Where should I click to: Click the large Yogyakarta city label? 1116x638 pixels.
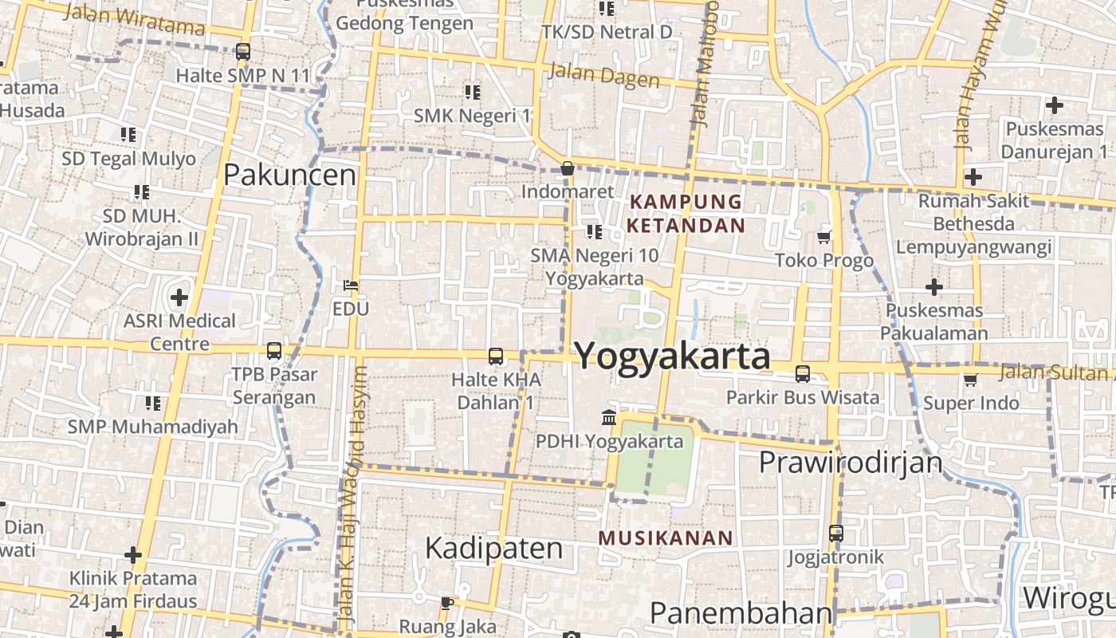[672, 356]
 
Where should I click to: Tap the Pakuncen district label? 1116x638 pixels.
[289, 175]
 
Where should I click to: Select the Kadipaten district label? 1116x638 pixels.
[493, 548]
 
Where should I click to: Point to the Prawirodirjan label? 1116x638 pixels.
[851, 462]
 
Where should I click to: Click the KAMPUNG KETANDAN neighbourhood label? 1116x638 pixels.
[686, 214]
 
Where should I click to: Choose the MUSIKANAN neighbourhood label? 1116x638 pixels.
[666, 538]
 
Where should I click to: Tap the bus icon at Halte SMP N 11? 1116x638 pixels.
[243, 53]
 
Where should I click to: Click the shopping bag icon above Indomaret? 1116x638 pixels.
[568, 168]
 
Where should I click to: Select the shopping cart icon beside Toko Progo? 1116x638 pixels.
[824, 238]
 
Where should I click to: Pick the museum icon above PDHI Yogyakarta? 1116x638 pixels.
[609, 417]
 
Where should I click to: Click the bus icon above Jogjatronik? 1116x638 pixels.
[835, 533]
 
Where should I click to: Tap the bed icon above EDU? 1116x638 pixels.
[351, 285]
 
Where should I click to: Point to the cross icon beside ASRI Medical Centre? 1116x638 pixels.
[179, 298]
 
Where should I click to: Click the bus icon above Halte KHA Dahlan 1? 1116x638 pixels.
[496, 356]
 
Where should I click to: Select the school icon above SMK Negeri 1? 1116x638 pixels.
[472, 93]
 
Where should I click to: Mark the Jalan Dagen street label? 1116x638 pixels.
[604, 77]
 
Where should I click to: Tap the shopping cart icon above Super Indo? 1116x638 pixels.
[970, 380]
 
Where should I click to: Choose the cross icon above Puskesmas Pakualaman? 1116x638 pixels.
[934, 286]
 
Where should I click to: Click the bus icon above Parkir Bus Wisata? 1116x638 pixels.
[803, 373]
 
